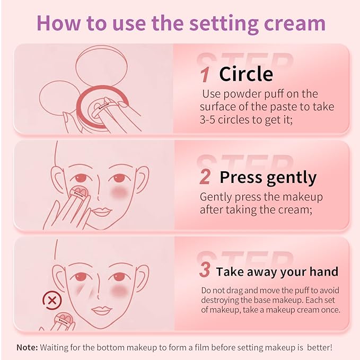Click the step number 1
205,74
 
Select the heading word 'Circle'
246,74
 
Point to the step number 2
205,177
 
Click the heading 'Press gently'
268,177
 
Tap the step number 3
205,271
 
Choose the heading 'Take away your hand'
277,271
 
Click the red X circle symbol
52,302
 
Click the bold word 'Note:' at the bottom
27,347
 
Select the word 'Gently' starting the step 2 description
215,197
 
